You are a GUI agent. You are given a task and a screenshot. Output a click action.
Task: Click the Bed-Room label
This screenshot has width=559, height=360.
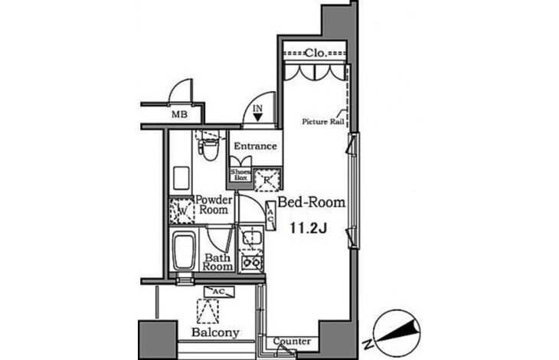[x=311, y=202]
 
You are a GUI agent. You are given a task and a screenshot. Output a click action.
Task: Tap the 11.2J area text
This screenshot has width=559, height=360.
[x=309, y=227]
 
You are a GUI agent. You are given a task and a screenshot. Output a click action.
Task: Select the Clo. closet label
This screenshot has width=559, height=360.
[x=315, y=53]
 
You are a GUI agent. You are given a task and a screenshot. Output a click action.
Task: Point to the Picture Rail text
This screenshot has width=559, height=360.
[x=323, y=122]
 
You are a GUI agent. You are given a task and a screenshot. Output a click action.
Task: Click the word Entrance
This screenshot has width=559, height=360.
[x=255, y=146]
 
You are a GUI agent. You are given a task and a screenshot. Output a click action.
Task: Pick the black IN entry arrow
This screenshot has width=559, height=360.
[x=258, y=117]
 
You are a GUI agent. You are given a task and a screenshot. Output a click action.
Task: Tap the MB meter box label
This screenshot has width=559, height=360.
[x=180, y=115]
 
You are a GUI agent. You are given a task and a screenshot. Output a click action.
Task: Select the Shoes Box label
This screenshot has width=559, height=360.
[x=240, y=175]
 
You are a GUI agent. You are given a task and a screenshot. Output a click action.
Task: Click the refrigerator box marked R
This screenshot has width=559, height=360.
[x=267, y=179]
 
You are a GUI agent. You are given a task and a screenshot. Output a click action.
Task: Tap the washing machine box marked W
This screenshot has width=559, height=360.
[x=181, y=211]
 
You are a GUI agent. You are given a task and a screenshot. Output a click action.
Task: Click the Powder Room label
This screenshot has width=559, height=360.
[x=214, y=205]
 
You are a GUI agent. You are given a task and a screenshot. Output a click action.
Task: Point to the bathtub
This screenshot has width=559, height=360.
[x=184, y=251]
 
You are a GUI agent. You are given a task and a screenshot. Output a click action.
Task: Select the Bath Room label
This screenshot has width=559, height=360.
[x=217, y=262]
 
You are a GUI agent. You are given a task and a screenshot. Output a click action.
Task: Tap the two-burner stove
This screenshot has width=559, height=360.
[x=251, y=263]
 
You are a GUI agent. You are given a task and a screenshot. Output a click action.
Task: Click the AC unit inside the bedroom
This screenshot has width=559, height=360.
[x=271, y=215]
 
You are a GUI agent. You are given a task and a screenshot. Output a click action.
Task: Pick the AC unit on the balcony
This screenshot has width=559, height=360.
[x=219, y=292]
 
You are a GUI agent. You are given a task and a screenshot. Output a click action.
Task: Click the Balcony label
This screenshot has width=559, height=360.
[x=215, y=332]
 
